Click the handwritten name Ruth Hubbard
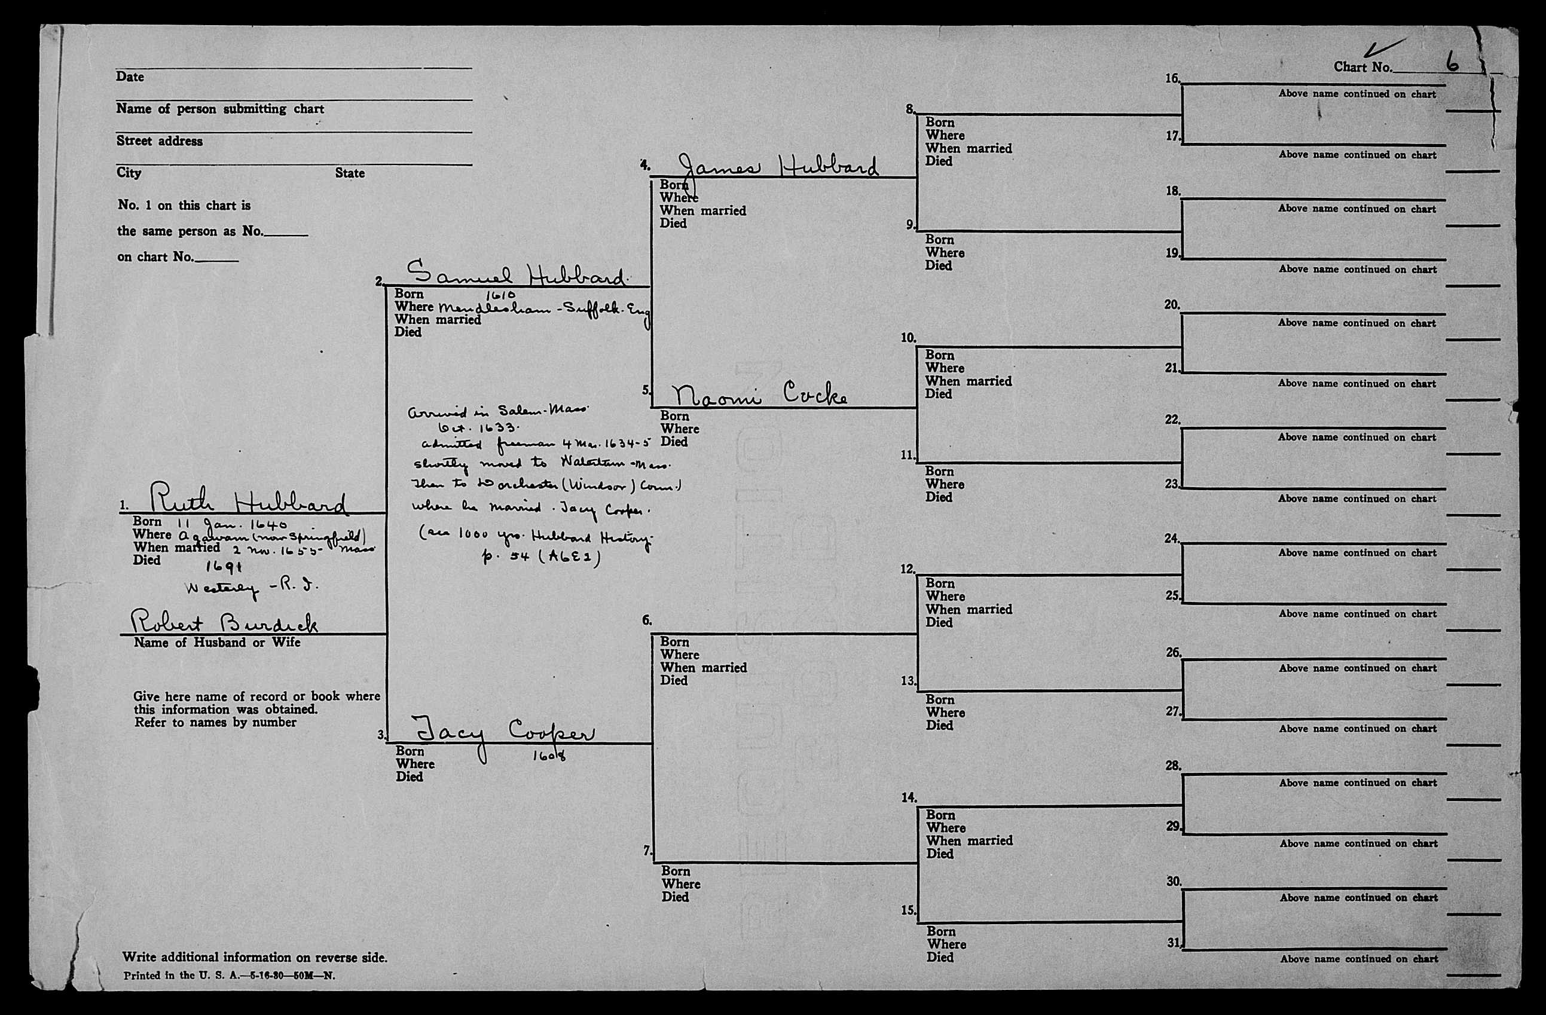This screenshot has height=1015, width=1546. (x=248, y=500)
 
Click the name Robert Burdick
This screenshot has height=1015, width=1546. (x=224, y=622)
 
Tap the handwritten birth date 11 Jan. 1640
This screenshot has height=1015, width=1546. (x=231, y=524)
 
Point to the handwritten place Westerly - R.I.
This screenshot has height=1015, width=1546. (x=251, y=588)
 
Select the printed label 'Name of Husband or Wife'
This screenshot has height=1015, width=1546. (x=217, y=642)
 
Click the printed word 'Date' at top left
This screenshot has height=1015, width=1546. (x=130, y=77)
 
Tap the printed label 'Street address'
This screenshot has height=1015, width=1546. (x=159, y=141)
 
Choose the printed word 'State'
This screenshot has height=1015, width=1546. (x=350, y=173)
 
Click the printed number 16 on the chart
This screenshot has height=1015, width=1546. (x=1172, y=78)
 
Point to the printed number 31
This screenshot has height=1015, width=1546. (x=1173, y=942)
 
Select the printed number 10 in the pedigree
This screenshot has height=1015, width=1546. (x=908, y=338)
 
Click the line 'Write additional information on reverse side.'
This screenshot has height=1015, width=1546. (x=255, y=957)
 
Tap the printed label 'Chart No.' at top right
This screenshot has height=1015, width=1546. (x=1363, y=67)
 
